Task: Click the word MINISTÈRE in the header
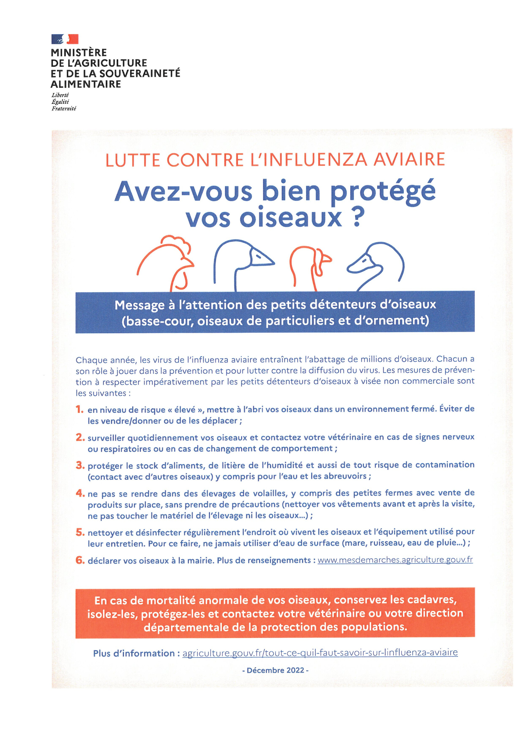click(79, 52)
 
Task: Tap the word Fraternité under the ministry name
click(64, 109)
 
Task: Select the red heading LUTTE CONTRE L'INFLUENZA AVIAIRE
click(275, 160)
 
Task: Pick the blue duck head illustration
click(376, 265)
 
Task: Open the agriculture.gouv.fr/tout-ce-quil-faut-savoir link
click(320, 652)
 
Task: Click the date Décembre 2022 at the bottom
click(275, 670)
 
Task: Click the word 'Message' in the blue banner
click(140, 305)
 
